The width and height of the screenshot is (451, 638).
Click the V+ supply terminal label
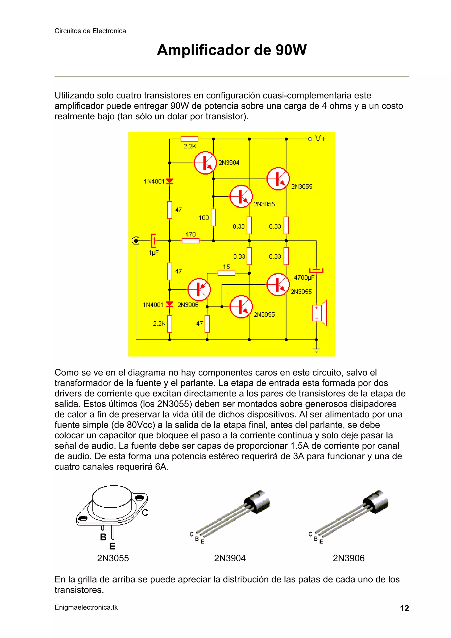(320, 139)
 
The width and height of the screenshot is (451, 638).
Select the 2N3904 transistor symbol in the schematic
(205, 163)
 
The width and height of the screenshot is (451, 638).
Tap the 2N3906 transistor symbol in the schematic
(199, 290)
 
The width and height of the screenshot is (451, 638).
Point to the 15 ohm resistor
(226, 273)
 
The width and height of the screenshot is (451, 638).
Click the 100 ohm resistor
(213, 217)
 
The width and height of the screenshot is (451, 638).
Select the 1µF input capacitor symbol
(153, 241)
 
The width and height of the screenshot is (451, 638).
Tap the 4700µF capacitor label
(304, 277)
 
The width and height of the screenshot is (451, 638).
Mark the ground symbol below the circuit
(316, 350)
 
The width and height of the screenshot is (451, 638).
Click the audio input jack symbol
(136, 241)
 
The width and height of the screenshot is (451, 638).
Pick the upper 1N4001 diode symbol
(170, 181)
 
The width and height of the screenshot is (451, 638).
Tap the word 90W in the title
(291, 50)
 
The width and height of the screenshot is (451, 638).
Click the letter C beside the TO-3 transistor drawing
(145, 512)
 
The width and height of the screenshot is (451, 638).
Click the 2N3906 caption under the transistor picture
(348, 558)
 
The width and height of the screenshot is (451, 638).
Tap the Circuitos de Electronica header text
(90, 31)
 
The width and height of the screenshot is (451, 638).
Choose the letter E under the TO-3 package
(112, 546)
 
